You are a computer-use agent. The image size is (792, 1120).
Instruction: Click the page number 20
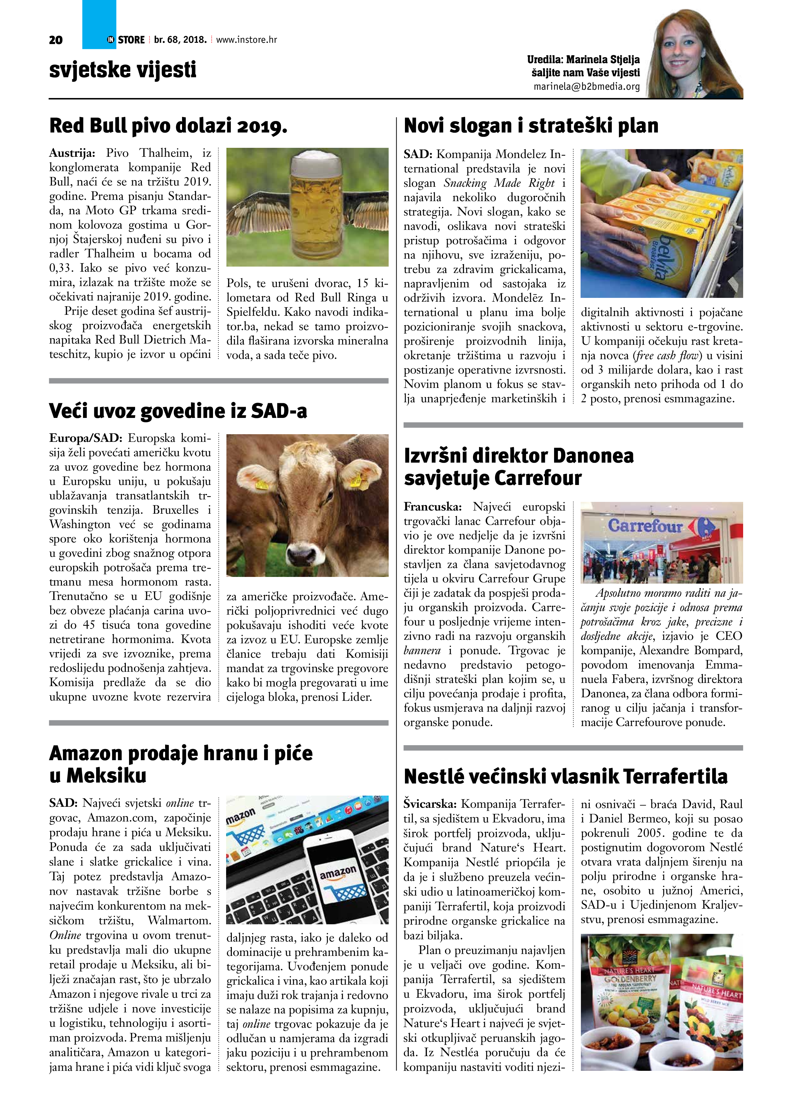tap(56, 40)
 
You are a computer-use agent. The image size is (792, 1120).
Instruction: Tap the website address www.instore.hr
tap(247, 40)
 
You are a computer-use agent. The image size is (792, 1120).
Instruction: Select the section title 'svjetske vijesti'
tap(123, 70)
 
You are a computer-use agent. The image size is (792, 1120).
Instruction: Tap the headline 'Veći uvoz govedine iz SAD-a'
tap(178, 411)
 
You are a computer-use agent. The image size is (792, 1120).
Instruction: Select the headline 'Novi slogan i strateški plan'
tap(531, 125)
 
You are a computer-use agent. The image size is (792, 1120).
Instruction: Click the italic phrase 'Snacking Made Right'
tap(499, 183)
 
